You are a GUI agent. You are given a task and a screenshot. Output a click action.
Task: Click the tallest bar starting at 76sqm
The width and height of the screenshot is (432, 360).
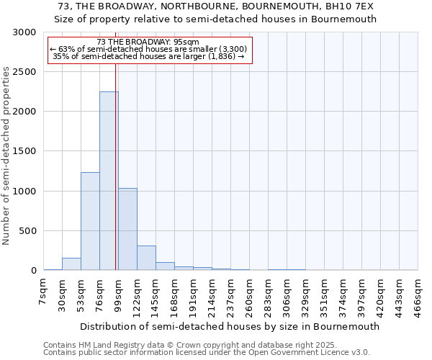(x=109, y=181)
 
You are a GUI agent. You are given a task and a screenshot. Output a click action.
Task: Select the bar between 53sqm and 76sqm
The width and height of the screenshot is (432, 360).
(x=90, y=221)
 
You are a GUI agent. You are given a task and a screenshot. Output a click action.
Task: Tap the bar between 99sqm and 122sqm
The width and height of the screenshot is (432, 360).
(x=127, y=229)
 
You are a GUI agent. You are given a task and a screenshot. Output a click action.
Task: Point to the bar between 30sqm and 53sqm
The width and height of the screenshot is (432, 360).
(x=71, y=264)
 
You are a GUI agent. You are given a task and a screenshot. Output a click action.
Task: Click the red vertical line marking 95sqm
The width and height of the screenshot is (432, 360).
(x=115, y=166)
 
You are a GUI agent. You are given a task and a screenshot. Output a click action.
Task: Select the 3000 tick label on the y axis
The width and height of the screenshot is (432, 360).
(x=24, y=32)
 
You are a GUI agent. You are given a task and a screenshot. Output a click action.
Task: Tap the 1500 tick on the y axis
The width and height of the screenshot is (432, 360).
(x=24, y=152)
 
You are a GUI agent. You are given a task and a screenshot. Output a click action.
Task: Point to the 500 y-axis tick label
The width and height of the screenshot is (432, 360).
(x=27, y=231)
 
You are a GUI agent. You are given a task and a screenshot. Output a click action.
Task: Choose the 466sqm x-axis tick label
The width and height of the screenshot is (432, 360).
(x=418, y=294)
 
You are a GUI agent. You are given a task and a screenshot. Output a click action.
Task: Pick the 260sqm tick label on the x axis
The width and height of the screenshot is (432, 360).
(x=249, y=294)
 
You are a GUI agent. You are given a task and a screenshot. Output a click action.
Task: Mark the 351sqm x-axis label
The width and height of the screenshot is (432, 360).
(x=324, y=294)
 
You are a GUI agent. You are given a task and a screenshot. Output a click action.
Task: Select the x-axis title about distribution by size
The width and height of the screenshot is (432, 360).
(x=230, y=326)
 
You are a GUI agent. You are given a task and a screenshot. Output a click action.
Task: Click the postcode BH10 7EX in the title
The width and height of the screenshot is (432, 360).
(x=357, y=6)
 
